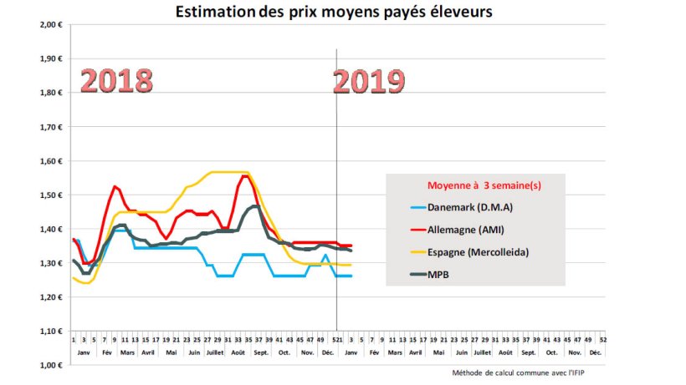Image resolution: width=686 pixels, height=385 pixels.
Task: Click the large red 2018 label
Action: (116, 81)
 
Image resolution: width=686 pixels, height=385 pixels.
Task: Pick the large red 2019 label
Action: (369, 81)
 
